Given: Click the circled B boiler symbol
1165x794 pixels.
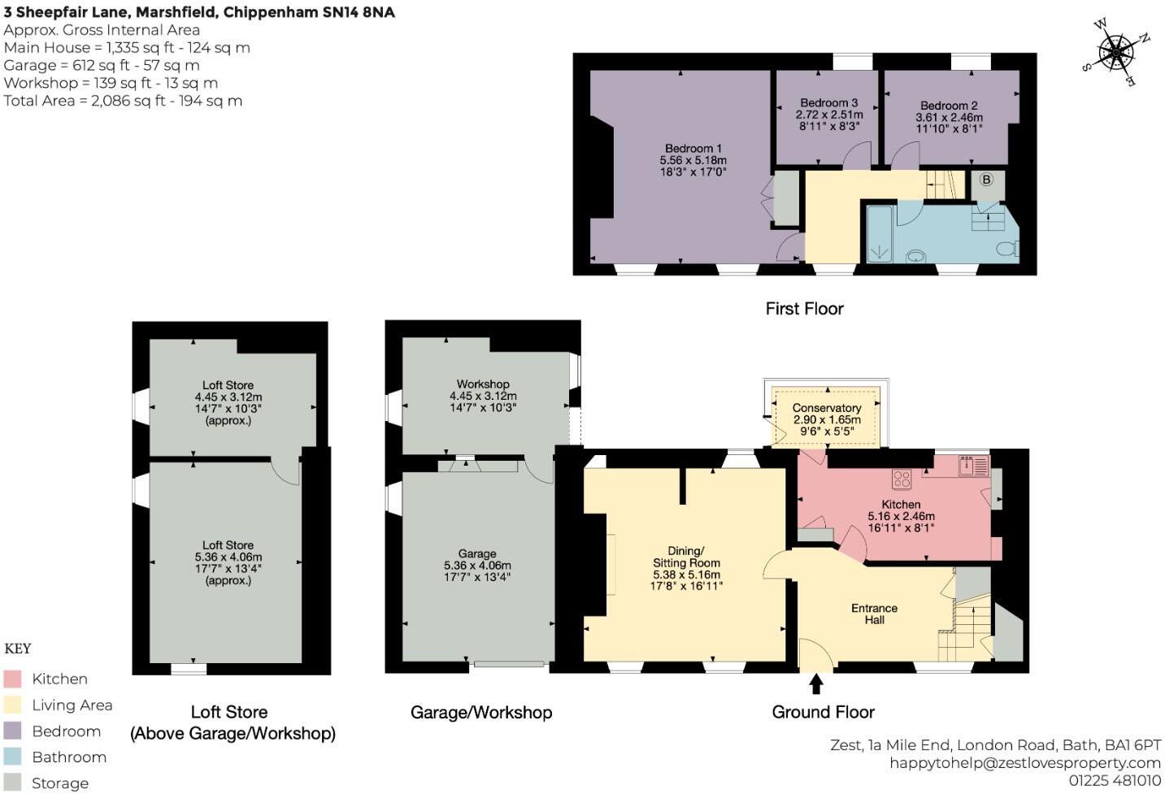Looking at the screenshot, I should [x=986, y=180].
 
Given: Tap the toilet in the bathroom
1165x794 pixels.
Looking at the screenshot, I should [x=1008, y=249].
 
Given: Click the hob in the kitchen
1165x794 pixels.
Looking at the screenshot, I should [x=902, y=479].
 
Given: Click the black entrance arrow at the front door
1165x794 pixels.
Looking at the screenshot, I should [x=816, y=683].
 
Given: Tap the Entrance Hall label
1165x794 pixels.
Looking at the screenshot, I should [x=874, y=614].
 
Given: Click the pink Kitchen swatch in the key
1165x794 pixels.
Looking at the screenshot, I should [x=12, y=679].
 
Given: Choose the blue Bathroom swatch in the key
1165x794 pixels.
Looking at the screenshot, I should [x=12, y=757].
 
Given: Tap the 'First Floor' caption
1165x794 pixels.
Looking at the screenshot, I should [x=804, y=309].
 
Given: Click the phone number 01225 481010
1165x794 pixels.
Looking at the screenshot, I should [x=1115, y=780].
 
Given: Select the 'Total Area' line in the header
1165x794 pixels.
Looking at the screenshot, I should [x=123, y=101].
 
